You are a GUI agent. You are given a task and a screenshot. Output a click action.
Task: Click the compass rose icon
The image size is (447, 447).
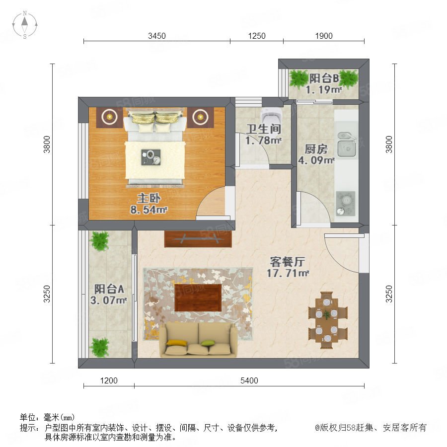25,25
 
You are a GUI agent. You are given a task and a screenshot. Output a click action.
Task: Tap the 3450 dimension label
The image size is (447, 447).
157,36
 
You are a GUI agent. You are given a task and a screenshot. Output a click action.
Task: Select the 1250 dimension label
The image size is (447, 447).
257,36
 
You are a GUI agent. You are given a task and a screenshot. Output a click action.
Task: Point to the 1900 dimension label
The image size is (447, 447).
324,36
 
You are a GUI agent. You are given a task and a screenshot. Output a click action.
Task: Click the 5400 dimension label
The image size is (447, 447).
249,380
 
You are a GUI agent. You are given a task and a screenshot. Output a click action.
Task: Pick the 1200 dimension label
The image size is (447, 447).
109,380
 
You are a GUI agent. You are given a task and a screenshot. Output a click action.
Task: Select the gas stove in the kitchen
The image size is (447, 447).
346,203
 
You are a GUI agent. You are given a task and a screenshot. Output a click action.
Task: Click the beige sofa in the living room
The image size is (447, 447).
198,340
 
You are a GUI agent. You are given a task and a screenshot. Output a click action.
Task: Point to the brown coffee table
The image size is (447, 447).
198,298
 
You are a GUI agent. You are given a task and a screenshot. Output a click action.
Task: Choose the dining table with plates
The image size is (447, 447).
327,320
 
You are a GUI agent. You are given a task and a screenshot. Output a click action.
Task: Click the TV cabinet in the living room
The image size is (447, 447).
198,239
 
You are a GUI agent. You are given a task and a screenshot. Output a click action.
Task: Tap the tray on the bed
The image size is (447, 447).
151,157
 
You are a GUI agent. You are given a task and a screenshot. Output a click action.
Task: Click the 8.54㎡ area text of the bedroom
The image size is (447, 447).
149,210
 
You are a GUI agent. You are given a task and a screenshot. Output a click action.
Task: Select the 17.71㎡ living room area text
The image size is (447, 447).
288,273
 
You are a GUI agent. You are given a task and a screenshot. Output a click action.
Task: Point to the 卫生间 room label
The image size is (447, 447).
264,129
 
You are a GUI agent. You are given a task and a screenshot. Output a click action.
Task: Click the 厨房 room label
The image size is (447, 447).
316,149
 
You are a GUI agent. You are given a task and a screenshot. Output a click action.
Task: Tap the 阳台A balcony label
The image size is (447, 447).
109,289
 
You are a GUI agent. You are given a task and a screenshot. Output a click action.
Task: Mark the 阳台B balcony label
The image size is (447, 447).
324,78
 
